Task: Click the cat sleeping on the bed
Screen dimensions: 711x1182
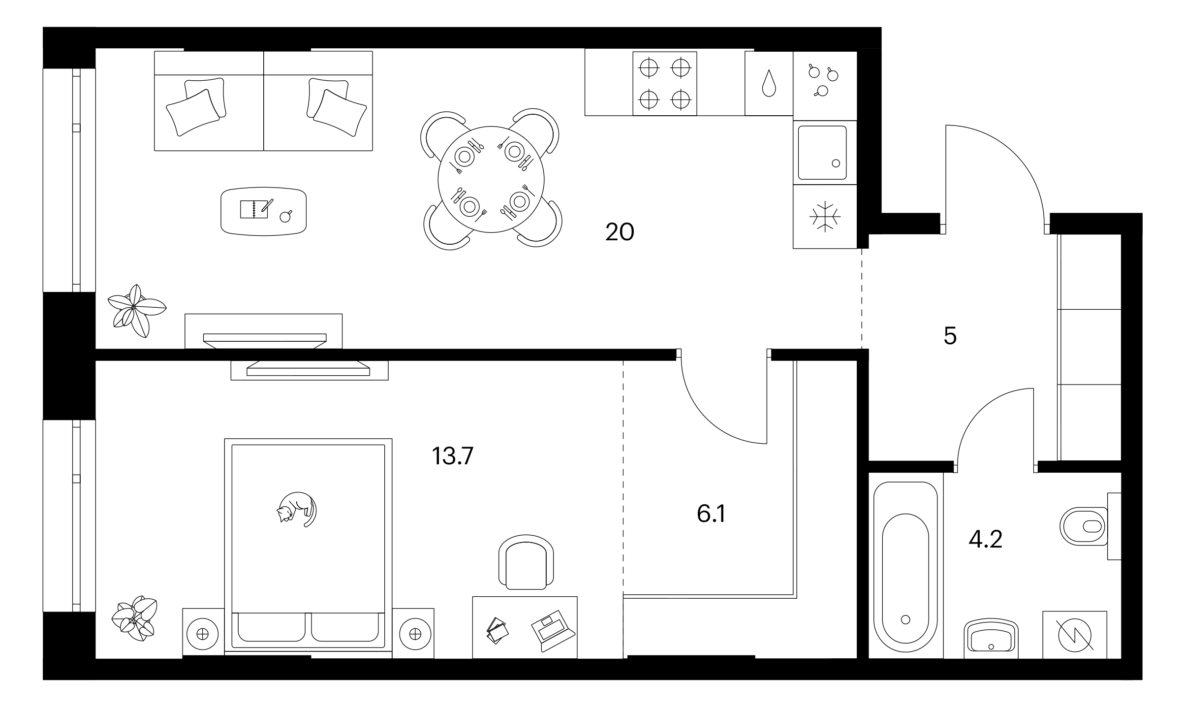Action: [x=297, y=509]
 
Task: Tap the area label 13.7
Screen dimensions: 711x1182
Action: [x=452, y=456]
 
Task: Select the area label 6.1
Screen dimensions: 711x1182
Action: [x=711, y=514]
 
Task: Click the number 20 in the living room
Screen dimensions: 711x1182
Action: [x=620, y=232]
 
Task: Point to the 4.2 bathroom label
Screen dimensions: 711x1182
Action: [x=985, y=539]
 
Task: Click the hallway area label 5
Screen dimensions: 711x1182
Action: [x=950, y=336]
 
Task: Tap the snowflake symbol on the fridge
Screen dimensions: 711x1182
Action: [x=825, y=217]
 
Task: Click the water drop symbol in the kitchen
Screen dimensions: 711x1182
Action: [x=769, y=83]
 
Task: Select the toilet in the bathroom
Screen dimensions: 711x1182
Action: [x=1083, y=526]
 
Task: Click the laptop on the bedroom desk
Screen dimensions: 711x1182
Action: [x=553, y=632]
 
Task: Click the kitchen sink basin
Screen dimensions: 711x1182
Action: [x=822, y=153]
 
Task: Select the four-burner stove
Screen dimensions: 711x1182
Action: [x=665, y=84]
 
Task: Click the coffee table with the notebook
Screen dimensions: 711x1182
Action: [x=264, y=211]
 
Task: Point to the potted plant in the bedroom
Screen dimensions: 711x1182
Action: [x=134, y=618]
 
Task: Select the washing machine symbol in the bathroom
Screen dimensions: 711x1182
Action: [x=1075, y=635]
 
